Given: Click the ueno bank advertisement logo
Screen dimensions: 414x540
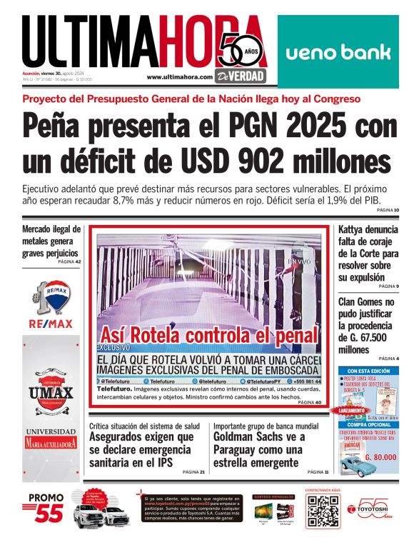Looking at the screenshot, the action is coord(338,52).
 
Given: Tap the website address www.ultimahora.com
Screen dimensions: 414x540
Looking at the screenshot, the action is coord(179,77).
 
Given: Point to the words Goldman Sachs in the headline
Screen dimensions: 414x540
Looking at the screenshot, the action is coord(253,436).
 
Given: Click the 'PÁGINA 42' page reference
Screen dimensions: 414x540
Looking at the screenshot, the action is coord(69,262).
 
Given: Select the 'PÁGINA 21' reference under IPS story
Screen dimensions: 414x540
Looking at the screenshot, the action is coord(193,472).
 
